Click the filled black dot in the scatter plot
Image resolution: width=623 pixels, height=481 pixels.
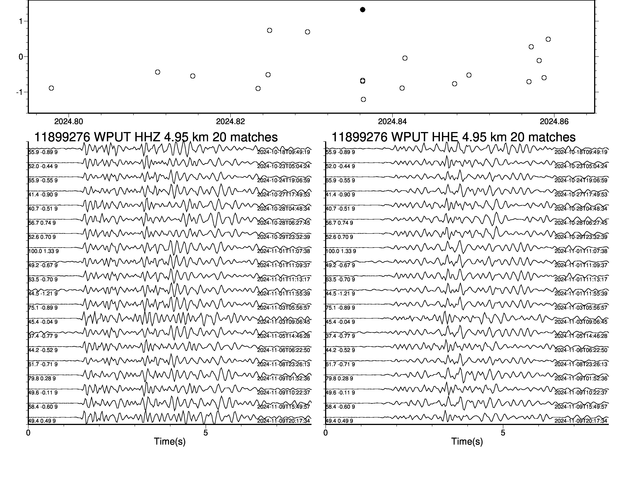[362, 10]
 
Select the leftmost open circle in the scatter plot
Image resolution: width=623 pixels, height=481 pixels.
[51, 88]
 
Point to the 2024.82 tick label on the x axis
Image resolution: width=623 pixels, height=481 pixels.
[231, 122]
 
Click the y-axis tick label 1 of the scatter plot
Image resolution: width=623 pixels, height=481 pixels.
[21, 21]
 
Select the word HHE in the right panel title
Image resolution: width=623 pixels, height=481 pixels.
[445, 137]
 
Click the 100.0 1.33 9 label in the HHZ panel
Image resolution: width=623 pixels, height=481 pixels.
[44, 251]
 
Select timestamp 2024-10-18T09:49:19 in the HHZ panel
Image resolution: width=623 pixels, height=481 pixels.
[284, 152]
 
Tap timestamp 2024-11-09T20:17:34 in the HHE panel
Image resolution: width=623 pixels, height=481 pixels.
[581, 421]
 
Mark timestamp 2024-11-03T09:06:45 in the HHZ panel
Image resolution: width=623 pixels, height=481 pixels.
[284, 322]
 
